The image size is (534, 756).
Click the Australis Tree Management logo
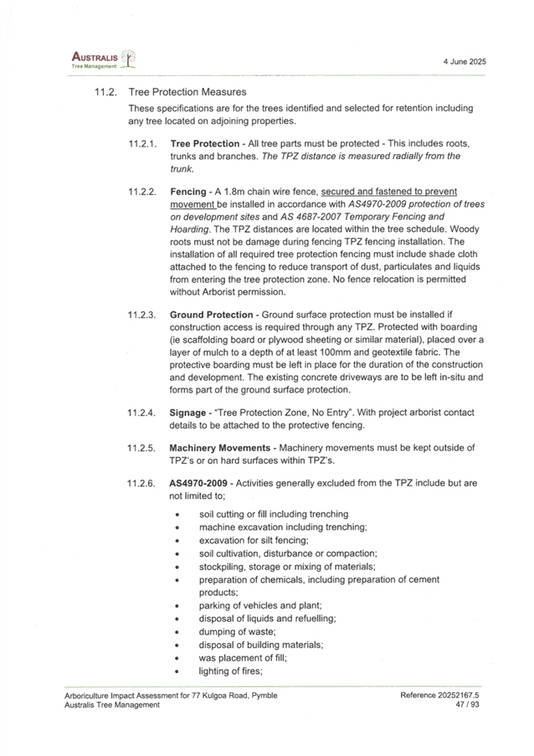[x=102, y=59]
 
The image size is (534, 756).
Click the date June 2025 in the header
[x=467, y=63]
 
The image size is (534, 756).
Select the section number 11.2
[x=107, y=91]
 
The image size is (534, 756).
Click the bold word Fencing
[x=187, y=192]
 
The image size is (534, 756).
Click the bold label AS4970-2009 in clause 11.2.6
[x=198, y=484]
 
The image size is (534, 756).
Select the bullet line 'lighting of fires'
[x=230, y=671]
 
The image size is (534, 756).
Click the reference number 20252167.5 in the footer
[x=459, y=696]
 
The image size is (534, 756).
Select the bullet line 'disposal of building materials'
[x=260, y=645]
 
